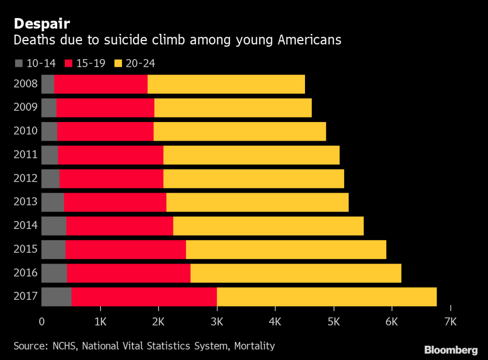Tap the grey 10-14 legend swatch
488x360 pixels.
(19, 63)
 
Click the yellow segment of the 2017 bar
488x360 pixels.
(326, 297)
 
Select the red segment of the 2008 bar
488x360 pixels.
(101, 84)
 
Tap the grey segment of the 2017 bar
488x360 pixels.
(56, 297)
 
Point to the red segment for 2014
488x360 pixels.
(119, 226)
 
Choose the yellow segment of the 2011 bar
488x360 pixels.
(251, 155)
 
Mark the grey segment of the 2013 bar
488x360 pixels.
(52, 202)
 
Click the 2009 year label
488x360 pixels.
(26, 107)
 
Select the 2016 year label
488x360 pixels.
(26, 273)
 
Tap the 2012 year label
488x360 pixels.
(26, 178)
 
